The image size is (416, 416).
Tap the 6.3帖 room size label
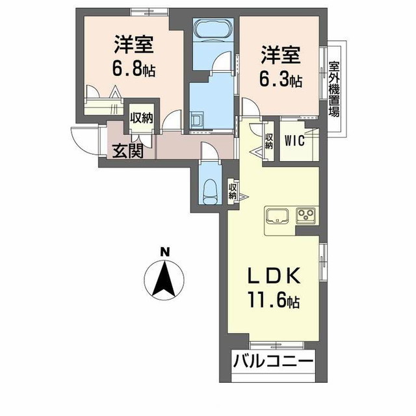281,79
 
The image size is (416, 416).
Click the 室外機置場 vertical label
334,88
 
